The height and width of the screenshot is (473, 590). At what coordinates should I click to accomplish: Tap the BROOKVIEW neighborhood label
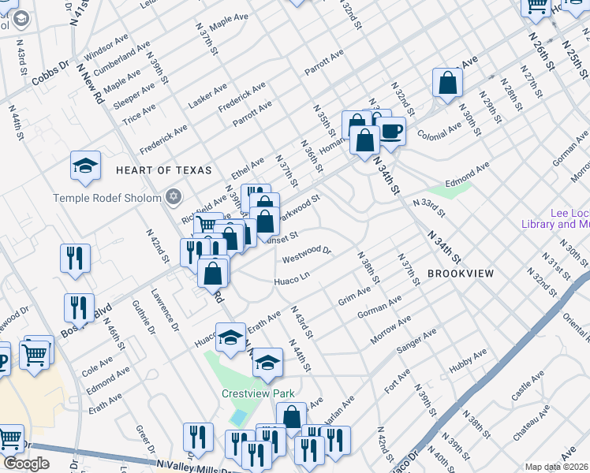pos(461,274)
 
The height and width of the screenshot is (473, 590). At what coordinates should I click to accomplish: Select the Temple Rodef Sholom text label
pos(106,197)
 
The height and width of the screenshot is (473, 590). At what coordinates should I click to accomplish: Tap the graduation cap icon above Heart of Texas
pos(85,166)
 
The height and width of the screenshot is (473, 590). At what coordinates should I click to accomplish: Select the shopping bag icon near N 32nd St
pos(447,84)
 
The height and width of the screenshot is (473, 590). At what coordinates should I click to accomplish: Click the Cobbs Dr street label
pos(50,75)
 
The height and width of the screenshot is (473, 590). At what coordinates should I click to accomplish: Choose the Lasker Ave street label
pos(207,95)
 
